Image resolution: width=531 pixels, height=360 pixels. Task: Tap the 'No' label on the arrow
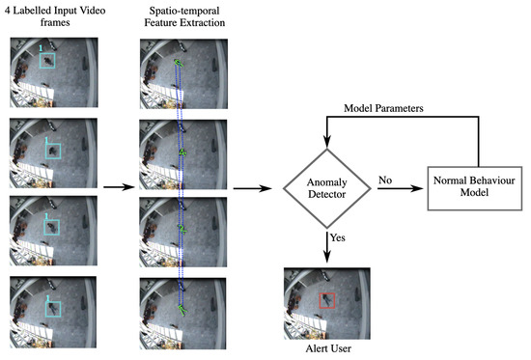(384, 179)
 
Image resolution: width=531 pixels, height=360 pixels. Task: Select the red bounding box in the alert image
(327, 301)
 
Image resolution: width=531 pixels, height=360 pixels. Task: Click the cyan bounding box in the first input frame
(46, 61)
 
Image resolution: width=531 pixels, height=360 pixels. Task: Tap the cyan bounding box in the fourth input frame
(50, 308)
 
